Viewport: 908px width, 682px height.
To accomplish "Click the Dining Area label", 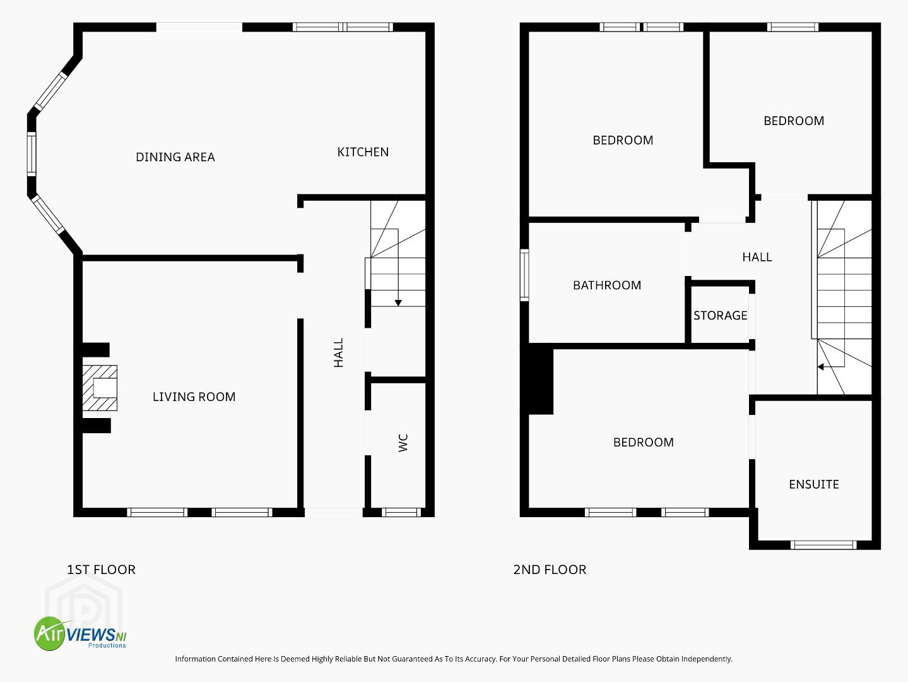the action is click(x=175, y=157).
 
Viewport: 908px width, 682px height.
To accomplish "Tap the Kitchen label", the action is click(x=363, y=152).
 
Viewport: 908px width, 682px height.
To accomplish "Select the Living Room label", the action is click(x=194, y=397).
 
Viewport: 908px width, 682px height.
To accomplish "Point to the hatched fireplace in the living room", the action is click(x=100, y=388).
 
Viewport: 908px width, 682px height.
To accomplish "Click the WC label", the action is click(x=403, y=443).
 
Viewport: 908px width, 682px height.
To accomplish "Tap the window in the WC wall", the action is click(x=401, y=512).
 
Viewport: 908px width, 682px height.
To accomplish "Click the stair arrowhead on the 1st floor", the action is click(x=398, y=303).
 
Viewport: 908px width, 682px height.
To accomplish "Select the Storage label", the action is click(x=720, y=316).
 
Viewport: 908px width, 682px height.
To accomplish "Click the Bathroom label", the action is click(x=607, y=285).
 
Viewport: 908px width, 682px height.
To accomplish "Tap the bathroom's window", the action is click(x=524, y=275).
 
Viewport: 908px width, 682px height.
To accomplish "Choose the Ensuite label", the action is click(x=814, y=484).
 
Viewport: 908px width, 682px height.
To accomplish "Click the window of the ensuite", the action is click(x=823, y=545).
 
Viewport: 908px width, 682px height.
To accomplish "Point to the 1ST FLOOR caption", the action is click(x=102, y=570).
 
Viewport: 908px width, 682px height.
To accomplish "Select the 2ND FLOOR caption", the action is click(x=550, y=570).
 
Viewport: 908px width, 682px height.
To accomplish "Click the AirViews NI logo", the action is click(x=80, y=633).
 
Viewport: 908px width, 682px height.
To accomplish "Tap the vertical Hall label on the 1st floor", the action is click(x=338, y=352).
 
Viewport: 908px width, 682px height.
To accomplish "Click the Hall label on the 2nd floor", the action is click(x=757, y=258).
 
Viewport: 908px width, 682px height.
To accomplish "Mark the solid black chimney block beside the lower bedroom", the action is click(x=541, y=379).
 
